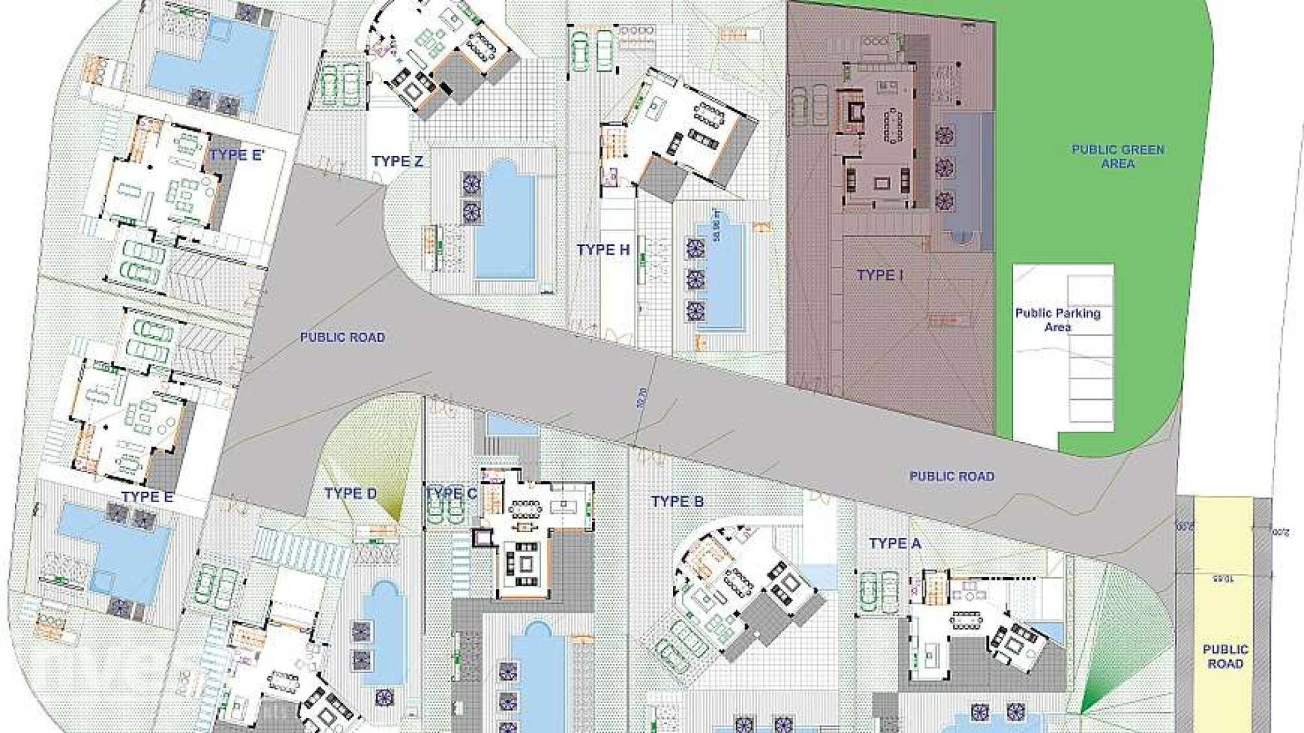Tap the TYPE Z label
tap(397, 161)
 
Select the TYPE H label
tap(603, 250)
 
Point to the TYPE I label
tap(880, 275)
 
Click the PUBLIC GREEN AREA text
tap(1118, 157)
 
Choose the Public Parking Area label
tap(1058, 320)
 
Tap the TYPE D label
tap(351, 494)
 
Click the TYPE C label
tap(451, 494)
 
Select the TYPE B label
tap(677, 501)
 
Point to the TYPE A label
tap(895, 543)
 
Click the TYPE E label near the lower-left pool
tap(147, 497)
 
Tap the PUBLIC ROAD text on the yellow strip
tap(1225, 657)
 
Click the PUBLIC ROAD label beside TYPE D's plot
tap(342, 337)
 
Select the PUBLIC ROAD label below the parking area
tap(952, 477)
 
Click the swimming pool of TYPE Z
tap(505, 218)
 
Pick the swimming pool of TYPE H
tap(720, 274)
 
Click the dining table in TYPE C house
tap(527, 507)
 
